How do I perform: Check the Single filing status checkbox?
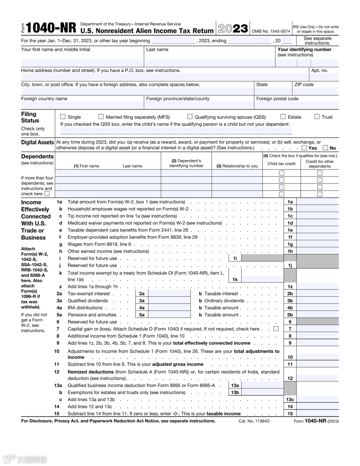(x=63, y=117)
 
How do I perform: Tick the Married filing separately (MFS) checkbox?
(x=101, y=117)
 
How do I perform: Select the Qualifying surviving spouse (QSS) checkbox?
(x=190, y=117)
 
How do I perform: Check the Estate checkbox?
(x=283, y=117)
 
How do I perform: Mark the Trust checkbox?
(x=317, y=117)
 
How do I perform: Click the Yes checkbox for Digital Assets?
(x=304, y=148)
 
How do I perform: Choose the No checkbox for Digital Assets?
(x=325, y=148)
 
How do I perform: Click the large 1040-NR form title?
(x=51, y=28)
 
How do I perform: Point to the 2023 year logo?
(x=233, y=29)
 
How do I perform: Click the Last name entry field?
(x=209, y=63)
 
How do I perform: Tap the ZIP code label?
(x=304, y=85)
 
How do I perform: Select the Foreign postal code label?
(x=277, y=99)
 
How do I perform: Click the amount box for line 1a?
(x=317, y=202)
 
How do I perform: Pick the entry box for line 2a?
(x=169, y=294)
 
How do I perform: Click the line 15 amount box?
(x=317, y=414)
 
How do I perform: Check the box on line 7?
(x=276, y=329)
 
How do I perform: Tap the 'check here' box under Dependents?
(x=47, y=194)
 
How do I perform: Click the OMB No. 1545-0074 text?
(x=271, y=31)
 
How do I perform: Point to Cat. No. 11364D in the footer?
(x=254, y=421)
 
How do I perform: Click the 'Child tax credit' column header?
(x=281, y=164)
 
